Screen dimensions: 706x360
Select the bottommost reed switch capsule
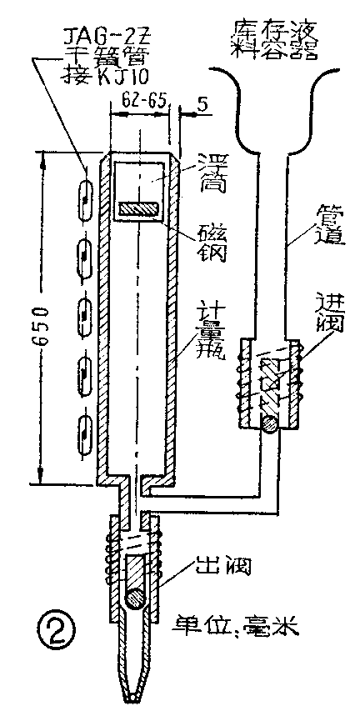coord(84,429)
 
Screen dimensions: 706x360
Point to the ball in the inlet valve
coord(267,423)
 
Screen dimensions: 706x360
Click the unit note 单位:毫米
coord(226,623)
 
